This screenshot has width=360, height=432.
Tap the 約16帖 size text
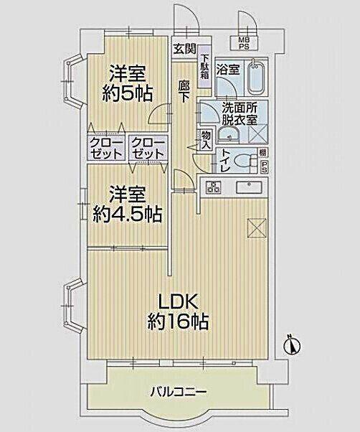179,322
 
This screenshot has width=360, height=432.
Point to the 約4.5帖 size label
126,213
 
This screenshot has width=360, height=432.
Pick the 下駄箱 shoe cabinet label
204,67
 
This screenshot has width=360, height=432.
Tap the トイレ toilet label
225,159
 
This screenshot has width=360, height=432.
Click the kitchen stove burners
214,187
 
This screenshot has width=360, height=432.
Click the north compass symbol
289,344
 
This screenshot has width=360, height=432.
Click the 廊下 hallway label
184,91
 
